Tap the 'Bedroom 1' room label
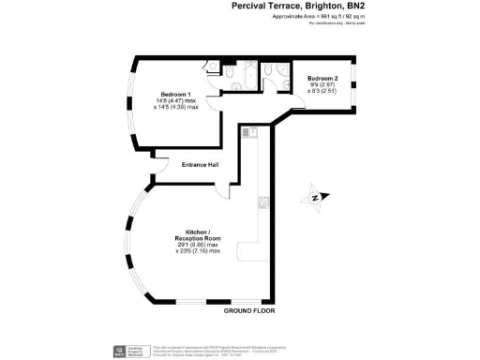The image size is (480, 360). coord(178,95)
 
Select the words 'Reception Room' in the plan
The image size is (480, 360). coord(198,237)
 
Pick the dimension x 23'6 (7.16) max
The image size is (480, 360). coord(198,251)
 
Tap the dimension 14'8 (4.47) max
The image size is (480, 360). coord(178,101)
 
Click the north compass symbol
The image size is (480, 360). coord(315,197)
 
